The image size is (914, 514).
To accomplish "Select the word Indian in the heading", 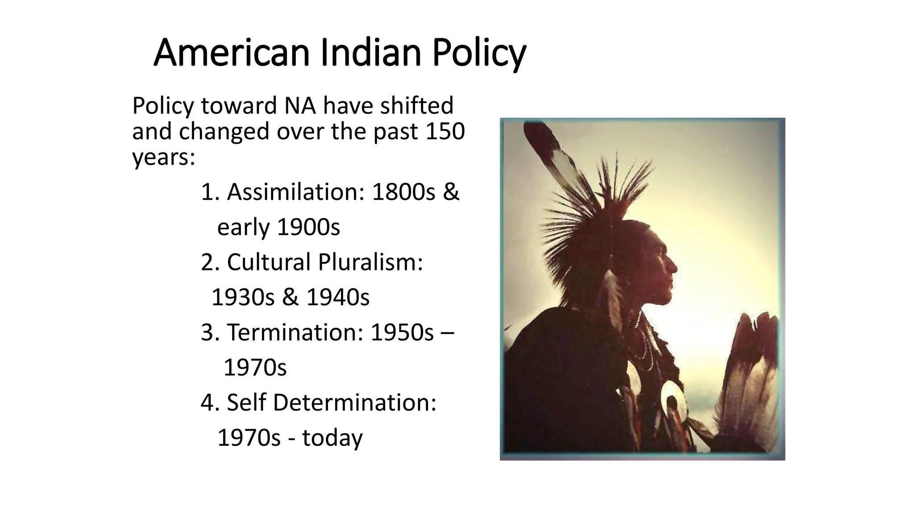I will tap(370, 53).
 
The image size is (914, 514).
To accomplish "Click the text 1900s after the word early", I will tap(308, 227).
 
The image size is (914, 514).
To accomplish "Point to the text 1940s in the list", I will tap(338, 297).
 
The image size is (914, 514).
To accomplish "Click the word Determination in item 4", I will tap(354, 402).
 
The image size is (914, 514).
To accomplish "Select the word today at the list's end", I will tap(332, 438).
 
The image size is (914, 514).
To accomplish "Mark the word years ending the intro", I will tap(163, 158).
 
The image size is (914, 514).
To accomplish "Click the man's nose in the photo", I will tap(674, 268).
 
